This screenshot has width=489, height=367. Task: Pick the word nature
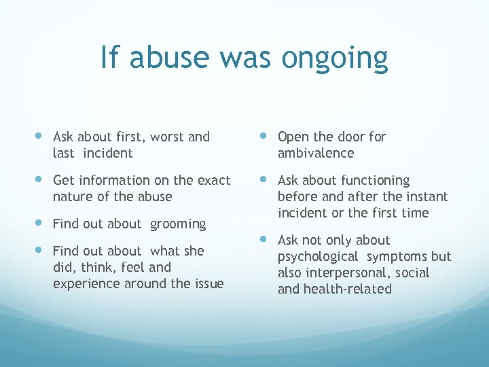73,196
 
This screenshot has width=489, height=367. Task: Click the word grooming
178,224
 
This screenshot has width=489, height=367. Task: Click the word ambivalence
316,153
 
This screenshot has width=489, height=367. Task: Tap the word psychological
318,256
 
